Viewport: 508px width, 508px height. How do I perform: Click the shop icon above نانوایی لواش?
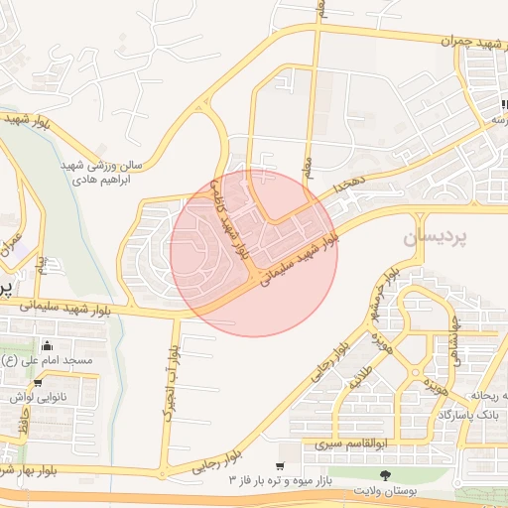click(38, 383)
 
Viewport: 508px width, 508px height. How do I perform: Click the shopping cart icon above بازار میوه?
click(280, 465)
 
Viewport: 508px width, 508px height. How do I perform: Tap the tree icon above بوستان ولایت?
click(385, 476)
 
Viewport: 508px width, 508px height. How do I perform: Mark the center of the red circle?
click(254, 253)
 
